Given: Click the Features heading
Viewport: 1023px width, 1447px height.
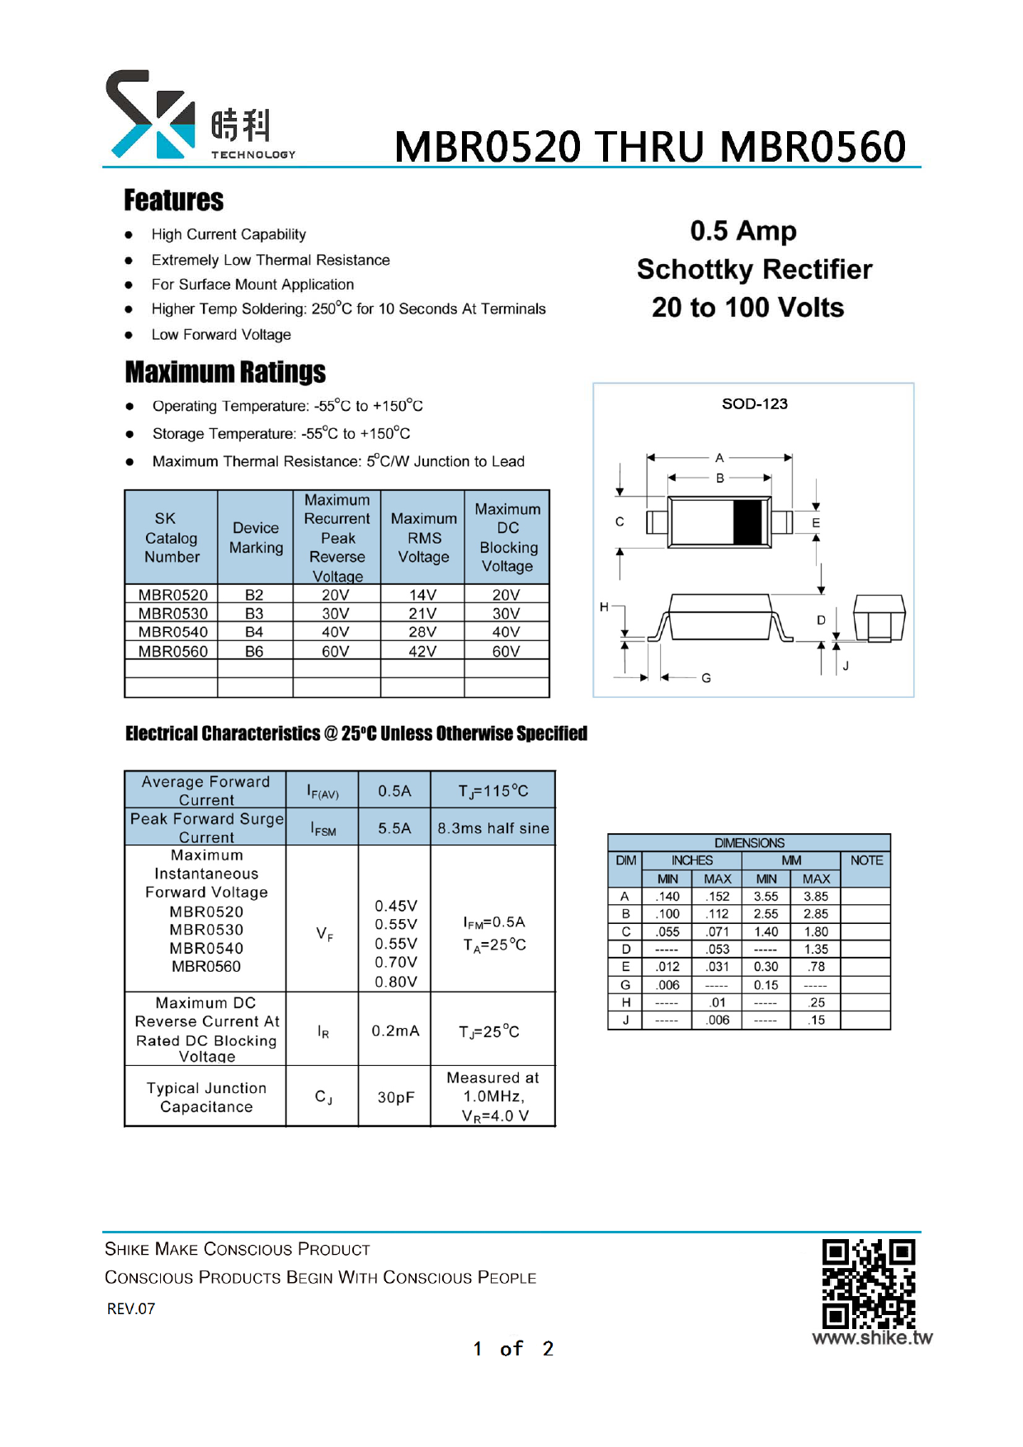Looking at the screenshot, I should pyautogui.click(x=173, y=200).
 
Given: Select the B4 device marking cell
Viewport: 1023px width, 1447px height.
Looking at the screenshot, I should pyautogui.click(x=254, y=632).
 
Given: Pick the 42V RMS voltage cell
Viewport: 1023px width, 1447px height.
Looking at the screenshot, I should pyautogui.click(x=422, y=651).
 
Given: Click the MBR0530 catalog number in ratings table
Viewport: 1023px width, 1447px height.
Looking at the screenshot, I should pyautogui.click(x=172, y=614).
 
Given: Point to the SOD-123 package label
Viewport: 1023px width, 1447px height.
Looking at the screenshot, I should pyautogui.click(x=754, y=404).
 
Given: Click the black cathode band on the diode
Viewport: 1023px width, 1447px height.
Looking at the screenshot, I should pyautogui.click(x=747, y=522).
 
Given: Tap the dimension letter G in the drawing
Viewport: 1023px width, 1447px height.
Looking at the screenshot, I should pyautogui.click(x=706, y=678).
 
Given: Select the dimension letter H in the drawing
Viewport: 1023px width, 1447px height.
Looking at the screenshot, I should pyautogui.click(x=604, y=607).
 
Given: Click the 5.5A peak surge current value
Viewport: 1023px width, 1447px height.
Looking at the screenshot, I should pyautogui.click(x=394, y=828).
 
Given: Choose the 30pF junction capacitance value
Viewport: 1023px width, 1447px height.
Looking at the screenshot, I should pyautogui.click(x=395, y=1097).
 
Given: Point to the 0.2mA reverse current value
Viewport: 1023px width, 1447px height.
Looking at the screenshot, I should pyautogui.click(x=395, y=1031).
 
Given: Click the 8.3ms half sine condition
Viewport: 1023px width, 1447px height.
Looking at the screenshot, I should pyautogui.click(x=493, y=828).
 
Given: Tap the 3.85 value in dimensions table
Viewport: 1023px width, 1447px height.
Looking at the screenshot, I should pyautogui.click(x=816, y=897).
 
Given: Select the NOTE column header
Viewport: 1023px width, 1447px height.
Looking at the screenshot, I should pyautogui.click(x=866, y=860).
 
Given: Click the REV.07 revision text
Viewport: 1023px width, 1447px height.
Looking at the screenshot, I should pyautogui.click(x=131, y=1309).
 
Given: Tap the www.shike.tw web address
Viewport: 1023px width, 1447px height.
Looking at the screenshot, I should pyautogui.click(x=872, y=1338).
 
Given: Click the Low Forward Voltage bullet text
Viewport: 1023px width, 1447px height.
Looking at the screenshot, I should pyautogui.click(x=221, y=335).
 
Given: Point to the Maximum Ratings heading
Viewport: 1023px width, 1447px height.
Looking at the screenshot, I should pyautogui.click(x=225, y=372).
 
